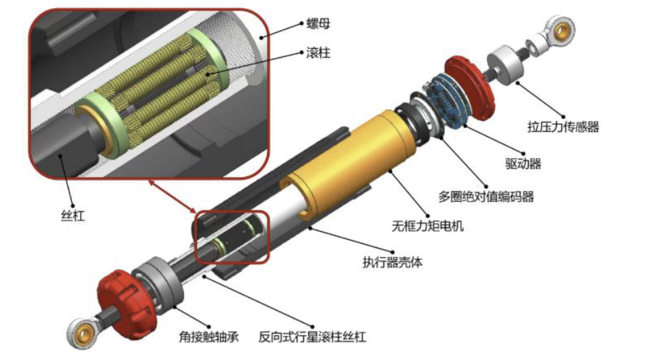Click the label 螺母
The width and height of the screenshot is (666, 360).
[x=318, y=23]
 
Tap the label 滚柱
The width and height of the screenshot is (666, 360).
[x=318, y=53]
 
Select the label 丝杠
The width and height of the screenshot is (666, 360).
[x=73, y=216]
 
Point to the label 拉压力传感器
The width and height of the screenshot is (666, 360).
[x=563, y=126]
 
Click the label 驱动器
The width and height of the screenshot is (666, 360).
[x=523, y=164]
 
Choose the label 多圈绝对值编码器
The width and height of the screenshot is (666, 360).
[x=486, y=196]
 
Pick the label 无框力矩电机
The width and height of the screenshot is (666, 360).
[x=427, y=226]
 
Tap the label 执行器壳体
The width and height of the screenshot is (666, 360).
[x=393, y=262]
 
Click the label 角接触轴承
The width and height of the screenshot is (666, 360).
[x=209, y=337]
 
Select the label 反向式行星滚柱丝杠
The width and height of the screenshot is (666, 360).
[x=312, y=337]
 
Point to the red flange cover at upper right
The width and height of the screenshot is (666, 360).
[x=470, y=88]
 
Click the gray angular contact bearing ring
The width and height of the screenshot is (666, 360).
[x=158, y=284]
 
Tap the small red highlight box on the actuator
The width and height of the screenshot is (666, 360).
[x=232, y=237]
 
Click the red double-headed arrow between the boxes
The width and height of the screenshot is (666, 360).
[x=172, y=196]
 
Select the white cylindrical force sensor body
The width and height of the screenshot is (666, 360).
[x=505, y=66]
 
